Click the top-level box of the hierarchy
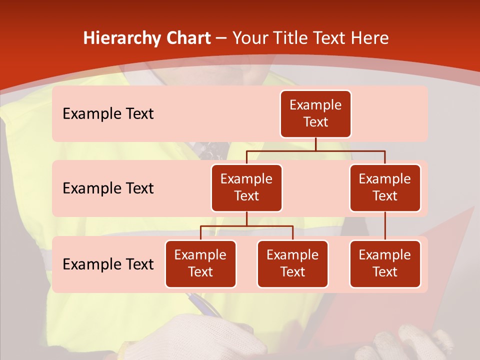click(315, 114)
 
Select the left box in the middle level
click(246, 188)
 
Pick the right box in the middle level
click(385, 188)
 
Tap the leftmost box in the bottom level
click(200, 264)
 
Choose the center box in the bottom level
click(292, 264)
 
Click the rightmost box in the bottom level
click(385, 264)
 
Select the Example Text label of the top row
click(108, 114)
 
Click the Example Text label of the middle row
click(108, 188)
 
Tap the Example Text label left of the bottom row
click(108, 264)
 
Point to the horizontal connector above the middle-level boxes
click(315, 150)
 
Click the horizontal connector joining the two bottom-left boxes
click(246, 226)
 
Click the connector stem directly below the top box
click(315, 144)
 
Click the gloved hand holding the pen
click(220, 335)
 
